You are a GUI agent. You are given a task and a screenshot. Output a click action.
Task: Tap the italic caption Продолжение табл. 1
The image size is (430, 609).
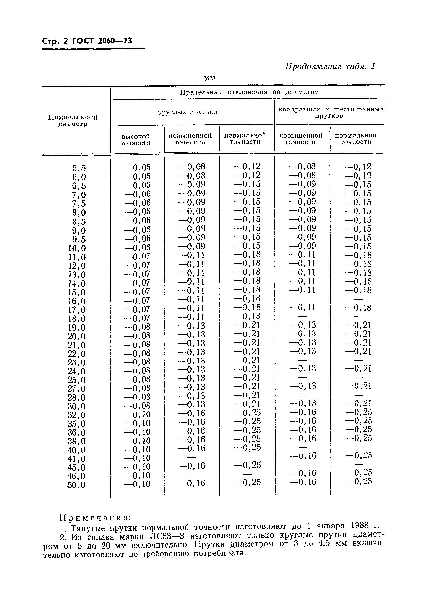pyautogui.click(x=330, y=66)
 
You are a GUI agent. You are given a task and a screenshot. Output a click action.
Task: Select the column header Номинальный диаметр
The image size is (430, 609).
pyautogui.click(x=73, y=121)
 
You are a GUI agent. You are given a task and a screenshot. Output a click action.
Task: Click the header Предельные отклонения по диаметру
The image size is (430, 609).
pyautogui.click(x=249, y=92)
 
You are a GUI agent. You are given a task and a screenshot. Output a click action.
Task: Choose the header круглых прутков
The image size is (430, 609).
pyautogui.click(x=188, y=112)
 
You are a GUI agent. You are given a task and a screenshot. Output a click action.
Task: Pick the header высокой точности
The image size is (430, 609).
pyautogui.click(x=135, y=140)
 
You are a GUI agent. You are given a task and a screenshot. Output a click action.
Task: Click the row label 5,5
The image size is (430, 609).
pyautogui.click(x=79, y=168)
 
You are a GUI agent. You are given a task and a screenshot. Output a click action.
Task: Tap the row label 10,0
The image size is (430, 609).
pyautogui.click(x=77, y=248)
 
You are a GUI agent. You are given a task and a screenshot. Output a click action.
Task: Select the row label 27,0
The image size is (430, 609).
pyautogui.click(x=76, y=389)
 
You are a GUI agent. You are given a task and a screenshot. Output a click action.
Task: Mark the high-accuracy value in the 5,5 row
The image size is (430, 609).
pyautogui.click(x=137, y=167)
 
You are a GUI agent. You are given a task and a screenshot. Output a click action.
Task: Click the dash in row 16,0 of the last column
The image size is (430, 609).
pyautogui.click(x=358, y=299)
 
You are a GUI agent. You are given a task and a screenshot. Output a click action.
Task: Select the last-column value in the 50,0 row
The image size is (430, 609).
pyautogui.click(x=358, y=481)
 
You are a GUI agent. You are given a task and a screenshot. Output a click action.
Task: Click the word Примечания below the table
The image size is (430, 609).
pyautogui.click(x=95, y=518)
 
